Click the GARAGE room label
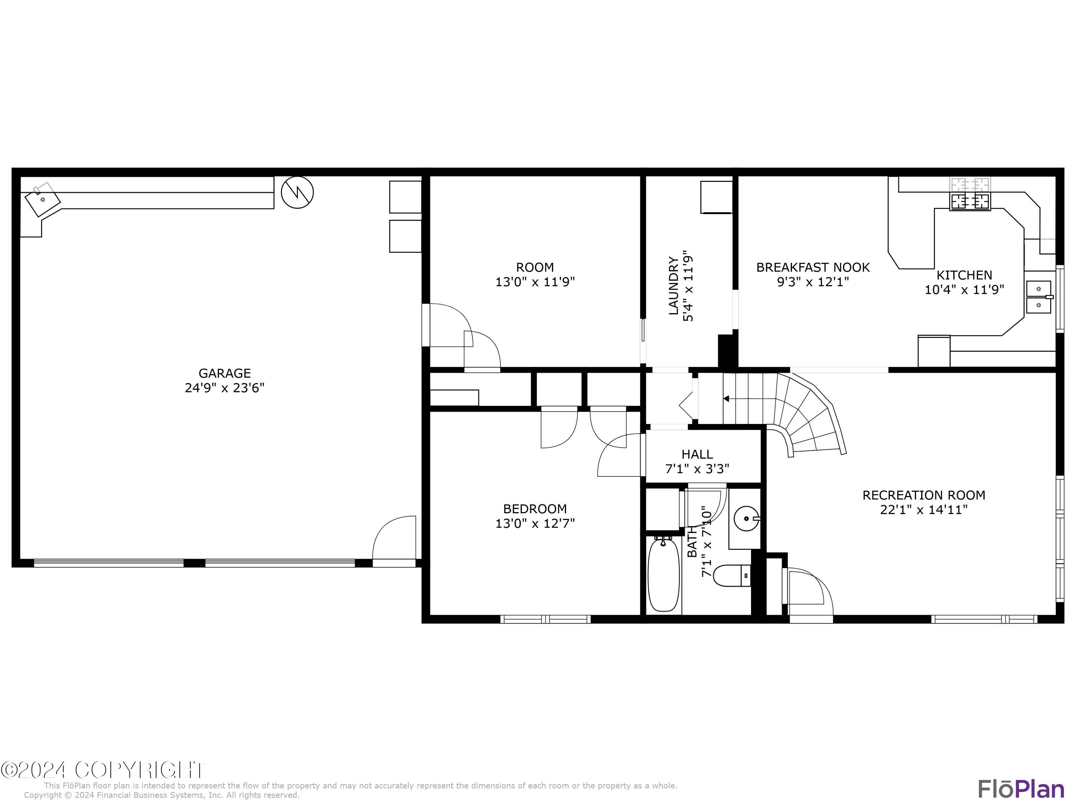tap(224, 373)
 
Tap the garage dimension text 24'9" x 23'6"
tap(224, 388)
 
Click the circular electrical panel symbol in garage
tap(297, 192)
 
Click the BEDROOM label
tap(535, 509)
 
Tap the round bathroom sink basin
tap(745, 519)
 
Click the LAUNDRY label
tap(674, 285)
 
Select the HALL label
tap(697, 454)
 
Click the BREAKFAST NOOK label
tap(813, 267)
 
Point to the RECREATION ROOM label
tap(924, 495)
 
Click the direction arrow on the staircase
tap(726, 399)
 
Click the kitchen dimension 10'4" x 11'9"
tap(964, 290)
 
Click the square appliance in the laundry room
tap(716, 197)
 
